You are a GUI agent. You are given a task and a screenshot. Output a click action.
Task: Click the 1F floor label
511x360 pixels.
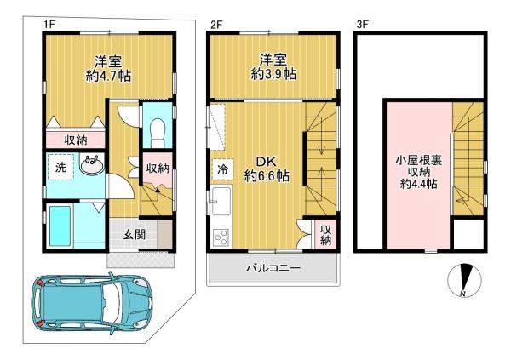49,25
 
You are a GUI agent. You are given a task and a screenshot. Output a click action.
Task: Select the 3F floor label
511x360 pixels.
364,25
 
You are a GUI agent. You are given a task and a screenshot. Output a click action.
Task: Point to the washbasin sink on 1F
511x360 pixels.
92,164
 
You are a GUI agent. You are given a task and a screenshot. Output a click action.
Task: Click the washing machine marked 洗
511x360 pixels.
61,167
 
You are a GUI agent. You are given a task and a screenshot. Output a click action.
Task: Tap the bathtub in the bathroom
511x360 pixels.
60,226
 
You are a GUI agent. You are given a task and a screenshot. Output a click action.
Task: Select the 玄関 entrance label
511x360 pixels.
134,234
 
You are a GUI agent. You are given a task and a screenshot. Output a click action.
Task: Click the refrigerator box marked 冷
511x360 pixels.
223,169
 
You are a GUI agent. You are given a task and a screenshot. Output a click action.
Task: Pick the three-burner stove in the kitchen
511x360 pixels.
221,238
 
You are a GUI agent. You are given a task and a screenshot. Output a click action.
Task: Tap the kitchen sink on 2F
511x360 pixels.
221,202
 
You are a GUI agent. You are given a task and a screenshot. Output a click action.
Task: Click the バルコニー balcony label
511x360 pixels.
273,268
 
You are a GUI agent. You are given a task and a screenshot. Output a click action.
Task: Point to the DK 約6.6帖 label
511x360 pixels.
267,169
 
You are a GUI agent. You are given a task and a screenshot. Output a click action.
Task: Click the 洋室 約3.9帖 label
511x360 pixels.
273,67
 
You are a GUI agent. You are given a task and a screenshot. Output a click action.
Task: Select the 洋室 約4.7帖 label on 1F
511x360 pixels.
109,68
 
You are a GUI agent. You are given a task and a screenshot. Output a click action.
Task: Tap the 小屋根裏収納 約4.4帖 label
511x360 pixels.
419,172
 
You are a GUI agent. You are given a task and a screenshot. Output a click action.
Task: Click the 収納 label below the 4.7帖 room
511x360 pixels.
75,140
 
